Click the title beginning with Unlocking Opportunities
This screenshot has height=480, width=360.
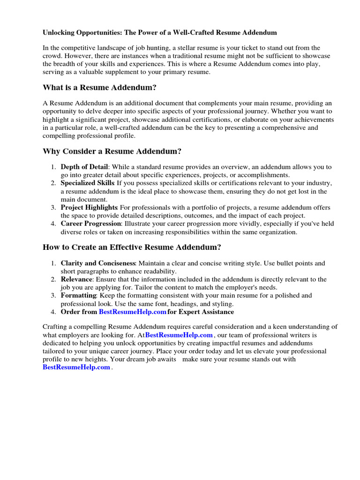159,32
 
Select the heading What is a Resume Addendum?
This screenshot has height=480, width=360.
100,87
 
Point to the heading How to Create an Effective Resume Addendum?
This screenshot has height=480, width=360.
132,247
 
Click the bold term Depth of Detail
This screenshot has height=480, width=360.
84,167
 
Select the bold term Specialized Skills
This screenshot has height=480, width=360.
87,183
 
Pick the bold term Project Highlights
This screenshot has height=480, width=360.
89,208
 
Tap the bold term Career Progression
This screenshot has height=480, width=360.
90,224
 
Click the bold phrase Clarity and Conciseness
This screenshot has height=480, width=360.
98,263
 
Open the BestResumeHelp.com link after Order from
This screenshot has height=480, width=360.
133,312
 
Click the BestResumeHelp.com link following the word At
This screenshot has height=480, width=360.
179,335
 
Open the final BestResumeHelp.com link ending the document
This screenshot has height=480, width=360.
76,367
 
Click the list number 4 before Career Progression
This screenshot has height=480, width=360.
54,224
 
